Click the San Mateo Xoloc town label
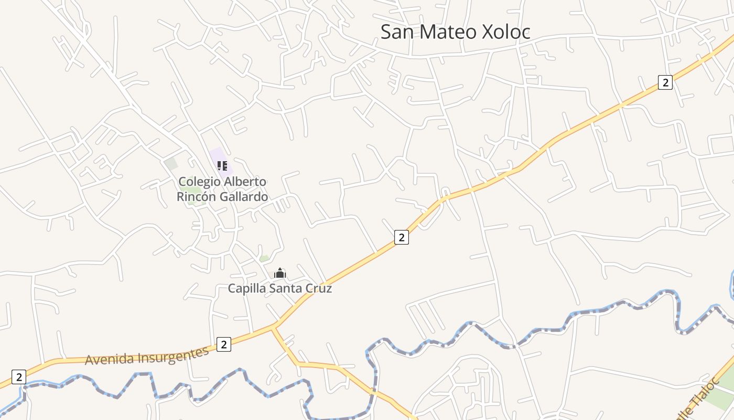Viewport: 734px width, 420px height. [455, 31]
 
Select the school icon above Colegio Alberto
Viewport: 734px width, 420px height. [222, 166]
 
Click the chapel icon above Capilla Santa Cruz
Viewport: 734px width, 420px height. [280, 273]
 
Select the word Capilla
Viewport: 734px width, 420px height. [247, 288]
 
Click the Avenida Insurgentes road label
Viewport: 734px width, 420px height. [147, 357]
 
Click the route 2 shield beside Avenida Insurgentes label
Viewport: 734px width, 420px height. [223, 344]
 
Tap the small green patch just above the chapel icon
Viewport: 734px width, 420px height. [264, 258]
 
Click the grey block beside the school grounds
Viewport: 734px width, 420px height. [171, 163]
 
